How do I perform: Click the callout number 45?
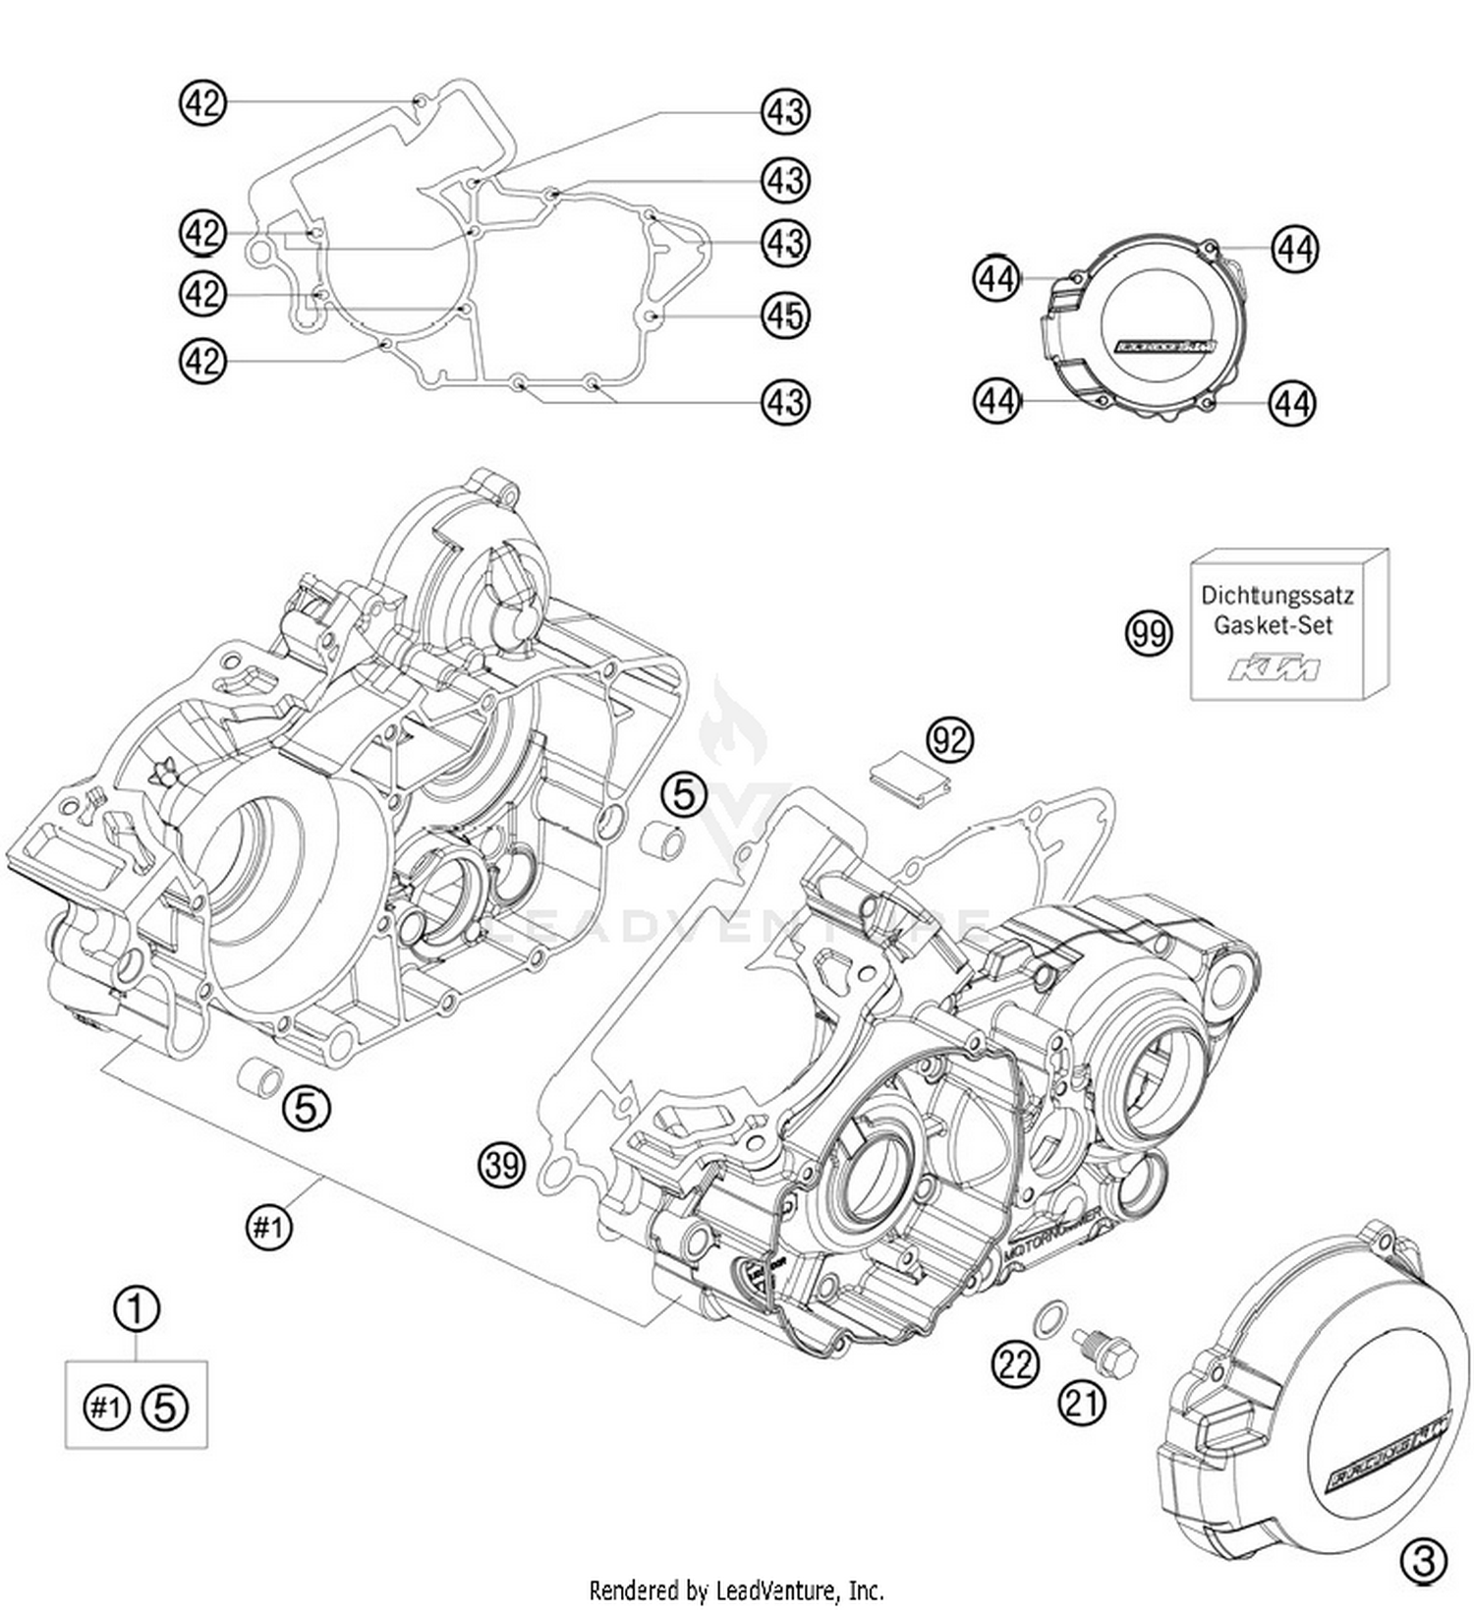click(784, 316)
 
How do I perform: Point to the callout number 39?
click(502, 1166)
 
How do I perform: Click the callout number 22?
click(1015, 1364)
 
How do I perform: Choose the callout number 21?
click(1082, 1403)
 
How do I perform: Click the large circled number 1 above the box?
click(137, 1309)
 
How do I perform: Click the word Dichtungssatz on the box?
click(1277, 596)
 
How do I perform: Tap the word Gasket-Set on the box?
click(1273, 625)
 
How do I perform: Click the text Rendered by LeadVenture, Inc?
click(736, 1590)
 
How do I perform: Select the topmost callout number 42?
click(202, 102)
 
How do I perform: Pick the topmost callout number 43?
click(784, 113)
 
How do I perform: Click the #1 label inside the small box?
click(105, 1409)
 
